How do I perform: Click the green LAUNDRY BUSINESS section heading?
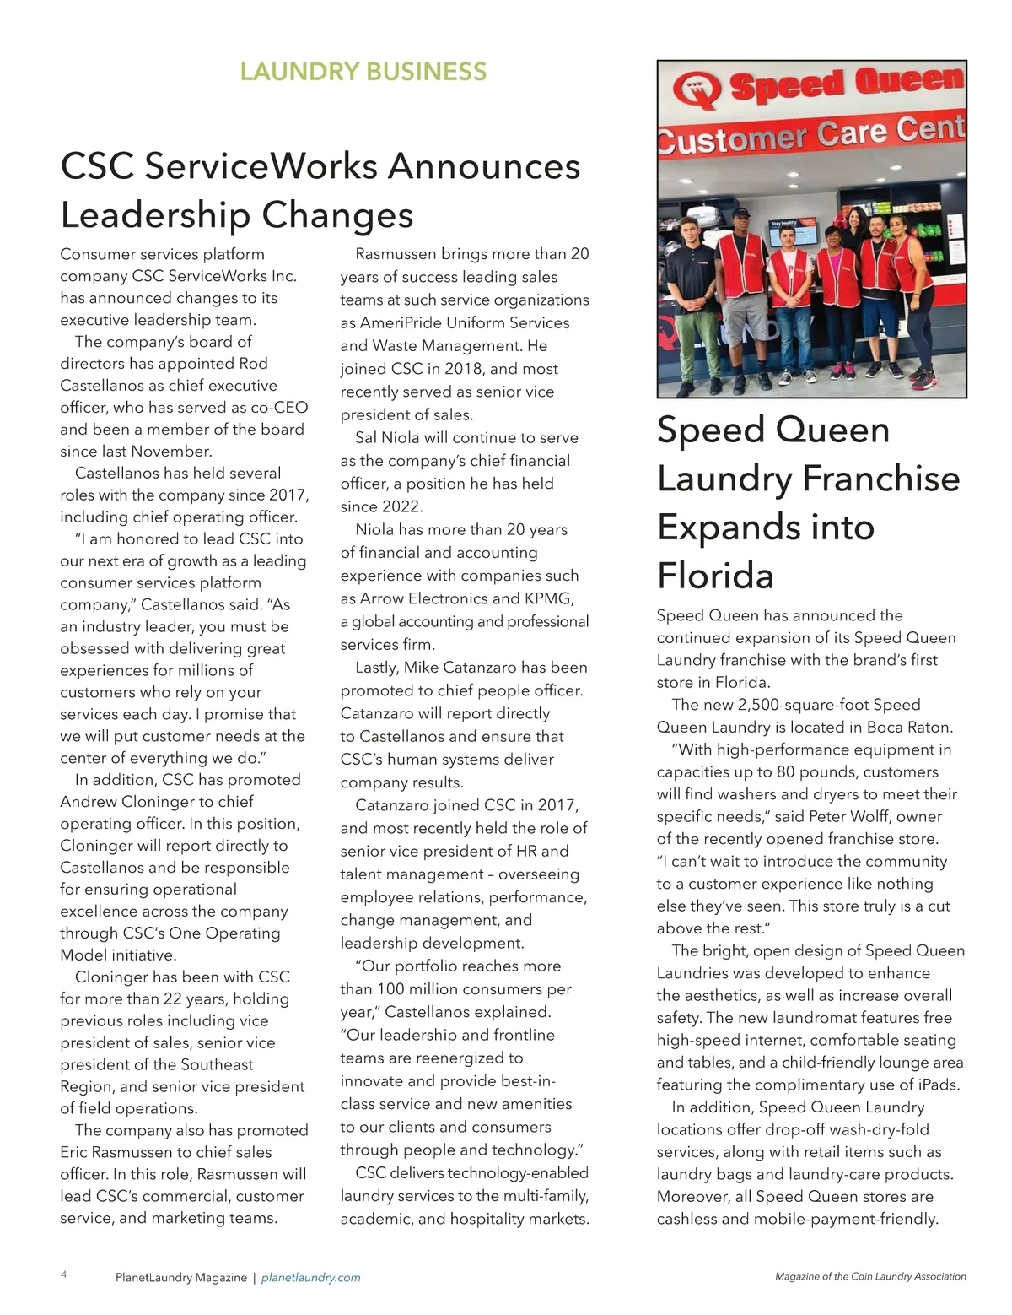(x=363, y=72)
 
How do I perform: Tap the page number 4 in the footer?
(x=64, y=1274)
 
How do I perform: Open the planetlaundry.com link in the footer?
(x=310, y=1278)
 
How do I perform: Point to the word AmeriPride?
(x=401, y=322)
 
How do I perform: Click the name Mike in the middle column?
(x=422, y=668)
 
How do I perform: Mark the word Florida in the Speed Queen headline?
(x=715, y=576)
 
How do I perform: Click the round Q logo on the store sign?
(x=697, y=89)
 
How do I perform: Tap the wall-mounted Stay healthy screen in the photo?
(x=793, y=230)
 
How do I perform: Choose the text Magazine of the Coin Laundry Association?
(x=870, y=1277)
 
